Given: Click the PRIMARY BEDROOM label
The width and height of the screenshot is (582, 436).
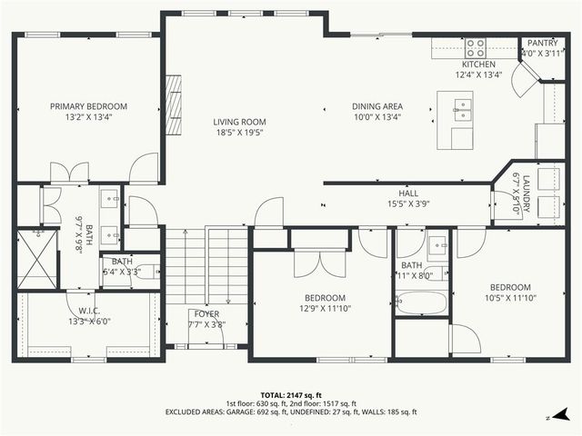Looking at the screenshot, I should [x=88, y=106].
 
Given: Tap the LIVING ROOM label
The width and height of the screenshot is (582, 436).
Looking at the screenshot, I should [x=239, y=122].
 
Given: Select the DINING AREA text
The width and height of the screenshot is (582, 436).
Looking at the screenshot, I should [x=377, y=106].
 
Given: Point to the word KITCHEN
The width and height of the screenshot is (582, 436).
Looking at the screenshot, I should [x=478, y=64].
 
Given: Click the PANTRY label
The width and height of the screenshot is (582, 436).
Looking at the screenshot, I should [x=542, y=43].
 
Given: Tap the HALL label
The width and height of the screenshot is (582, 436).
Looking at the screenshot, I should [x=407, y=193].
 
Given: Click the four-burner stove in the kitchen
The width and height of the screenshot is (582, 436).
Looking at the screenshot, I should [x=476, y=46].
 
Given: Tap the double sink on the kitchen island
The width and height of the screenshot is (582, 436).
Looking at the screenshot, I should [x=463, y=111].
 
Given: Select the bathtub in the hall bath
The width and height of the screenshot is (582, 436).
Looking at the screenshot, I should [x=420, y=302].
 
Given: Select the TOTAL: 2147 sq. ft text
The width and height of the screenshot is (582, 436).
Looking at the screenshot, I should [x=291, y=396].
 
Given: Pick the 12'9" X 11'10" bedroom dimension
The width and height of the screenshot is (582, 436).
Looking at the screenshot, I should [x=324, y=309].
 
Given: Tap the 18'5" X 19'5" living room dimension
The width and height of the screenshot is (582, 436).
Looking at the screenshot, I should [x=239, y=133].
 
